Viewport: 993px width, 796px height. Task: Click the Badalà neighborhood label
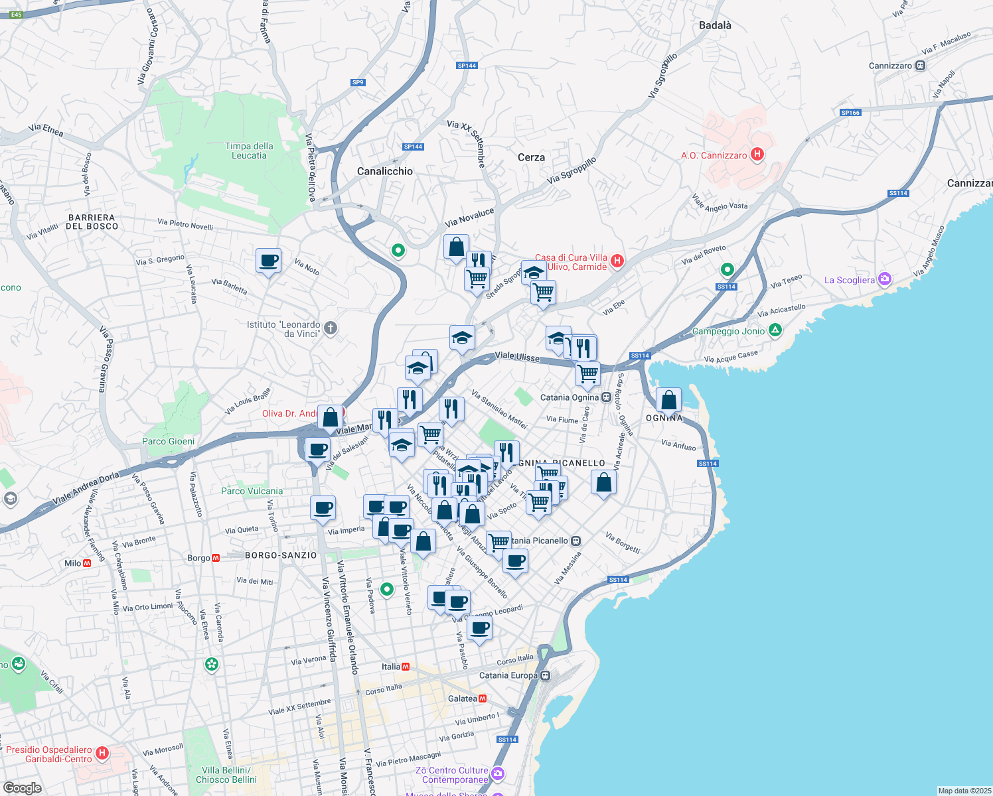point(715,25)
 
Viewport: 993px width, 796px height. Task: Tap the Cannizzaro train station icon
point(920,66)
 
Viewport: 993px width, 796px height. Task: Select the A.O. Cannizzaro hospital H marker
point(757,155)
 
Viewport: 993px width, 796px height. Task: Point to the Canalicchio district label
point(384,171)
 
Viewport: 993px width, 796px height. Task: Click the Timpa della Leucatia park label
point(249,151)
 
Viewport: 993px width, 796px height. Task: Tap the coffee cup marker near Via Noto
point(269,261)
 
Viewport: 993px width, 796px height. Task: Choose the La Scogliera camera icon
point(884,279)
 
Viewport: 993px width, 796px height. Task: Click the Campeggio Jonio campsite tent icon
point(775,330)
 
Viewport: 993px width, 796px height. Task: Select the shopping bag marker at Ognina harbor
point(668,400)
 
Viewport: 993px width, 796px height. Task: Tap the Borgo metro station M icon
point(216,558)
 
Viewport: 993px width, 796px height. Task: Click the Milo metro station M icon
point(87,563)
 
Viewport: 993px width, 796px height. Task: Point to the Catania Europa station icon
point(545,675)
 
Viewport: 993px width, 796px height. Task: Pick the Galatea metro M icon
point(483,698)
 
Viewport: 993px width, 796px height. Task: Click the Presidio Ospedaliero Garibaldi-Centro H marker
point(102,753)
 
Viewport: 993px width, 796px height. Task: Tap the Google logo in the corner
point(22,787)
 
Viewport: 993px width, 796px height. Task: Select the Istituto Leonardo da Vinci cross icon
point(331,328)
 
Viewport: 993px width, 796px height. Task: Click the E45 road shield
point(16,15)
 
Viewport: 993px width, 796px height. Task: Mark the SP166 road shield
point(850,113)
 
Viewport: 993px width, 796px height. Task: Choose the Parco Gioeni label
point(169,441)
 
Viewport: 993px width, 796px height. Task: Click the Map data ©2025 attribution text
point(963,791)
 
